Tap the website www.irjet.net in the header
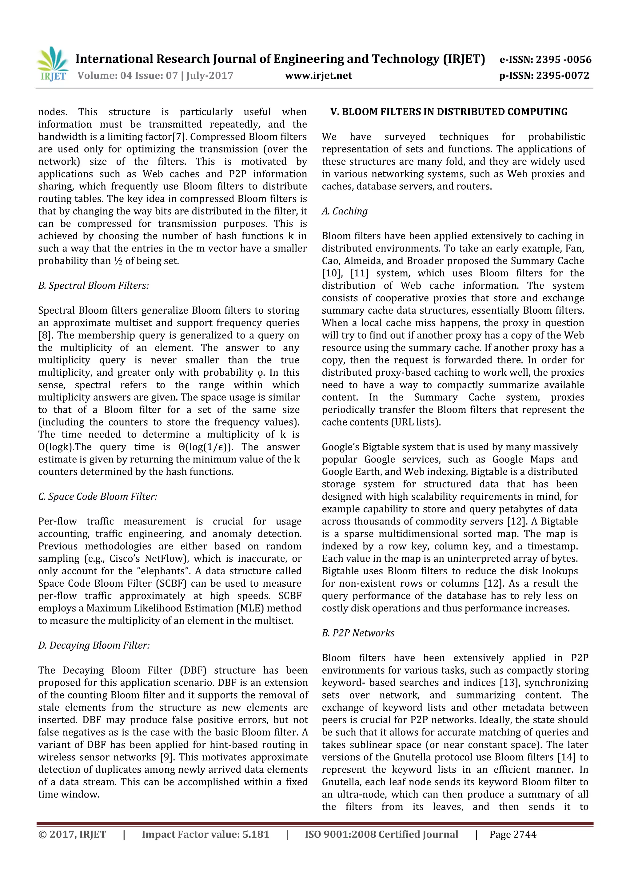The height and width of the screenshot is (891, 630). coord(318,76)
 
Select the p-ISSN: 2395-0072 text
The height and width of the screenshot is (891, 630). coord(544,76)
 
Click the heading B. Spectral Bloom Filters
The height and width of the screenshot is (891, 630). coord(94,286)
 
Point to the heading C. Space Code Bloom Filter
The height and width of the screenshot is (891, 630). coord(98,497)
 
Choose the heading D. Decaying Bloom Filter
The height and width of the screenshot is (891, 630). coord(94,645)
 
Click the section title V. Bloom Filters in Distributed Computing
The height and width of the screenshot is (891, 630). coord(449,112)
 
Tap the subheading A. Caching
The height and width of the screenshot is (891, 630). coord(344,211)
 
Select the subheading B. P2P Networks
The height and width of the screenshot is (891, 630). coord(358,633)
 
